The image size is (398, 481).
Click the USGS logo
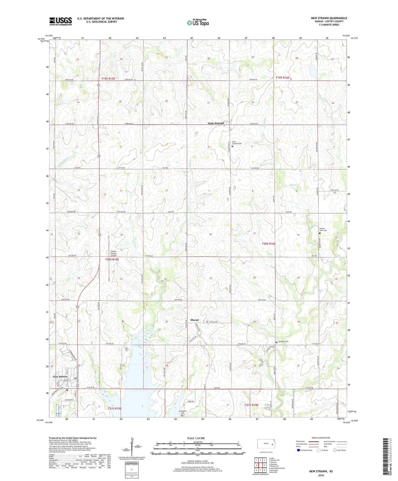click(x=60, y=21)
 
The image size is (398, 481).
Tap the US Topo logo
click(x=198, y=22)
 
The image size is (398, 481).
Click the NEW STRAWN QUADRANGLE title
click(x=329, y=18)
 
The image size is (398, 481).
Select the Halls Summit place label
click(x=216, y=123)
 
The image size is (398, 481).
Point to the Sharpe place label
click(x=194, y=320)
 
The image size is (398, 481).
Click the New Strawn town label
click(x=60, y=376)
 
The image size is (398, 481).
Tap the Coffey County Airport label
click(x=113, y=253)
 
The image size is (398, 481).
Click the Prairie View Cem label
click(x=323, y=229)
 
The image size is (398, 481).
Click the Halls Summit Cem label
click(x=237, y=143)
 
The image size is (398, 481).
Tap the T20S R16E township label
click(x=269, y=244)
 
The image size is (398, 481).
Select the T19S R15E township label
click(x=108, y=79)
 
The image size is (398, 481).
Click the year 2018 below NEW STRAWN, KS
click(x=321, y=475)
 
